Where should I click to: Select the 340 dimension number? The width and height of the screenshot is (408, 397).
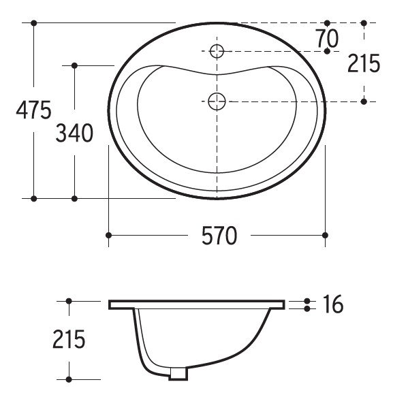point(74,134)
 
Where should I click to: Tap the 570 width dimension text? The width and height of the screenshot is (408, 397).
point(219,236)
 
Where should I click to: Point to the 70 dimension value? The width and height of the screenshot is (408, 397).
point(328,38)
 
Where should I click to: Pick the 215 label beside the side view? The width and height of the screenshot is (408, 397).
point(69,339)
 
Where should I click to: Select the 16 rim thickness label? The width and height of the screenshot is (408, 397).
point(332,304)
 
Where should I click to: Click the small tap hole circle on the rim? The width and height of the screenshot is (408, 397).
point(217,50)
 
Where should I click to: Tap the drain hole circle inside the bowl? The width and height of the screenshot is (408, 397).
point(217,101)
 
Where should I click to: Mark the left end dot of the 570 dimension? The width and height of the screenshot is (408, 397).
point(108,236)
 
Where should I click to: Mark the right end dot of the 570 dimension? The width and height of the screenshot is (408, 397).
point(325,236)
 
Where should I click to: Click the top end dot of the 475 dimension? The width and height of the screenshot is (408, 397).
point(33,23)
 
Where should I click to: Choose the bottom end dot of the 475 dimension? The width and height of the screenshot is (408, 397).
point(33,198)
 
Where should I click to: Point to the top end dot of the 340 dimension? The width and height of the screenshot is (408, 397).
point(74,65)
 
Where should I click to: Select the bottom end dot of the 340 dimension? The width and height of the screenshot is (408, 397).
point(74,198)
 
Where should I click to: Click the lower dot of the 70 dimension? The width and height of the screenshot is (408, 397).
point(328,51)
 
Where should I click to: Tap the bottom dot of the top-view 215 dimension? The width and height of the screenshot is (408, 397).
point(364,101)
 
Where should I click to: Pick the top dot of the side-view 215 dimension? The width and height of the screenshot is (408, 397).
point(69,300)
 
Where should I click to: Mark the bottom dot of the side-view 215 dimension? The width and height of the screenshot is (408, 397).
point(69,379)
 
